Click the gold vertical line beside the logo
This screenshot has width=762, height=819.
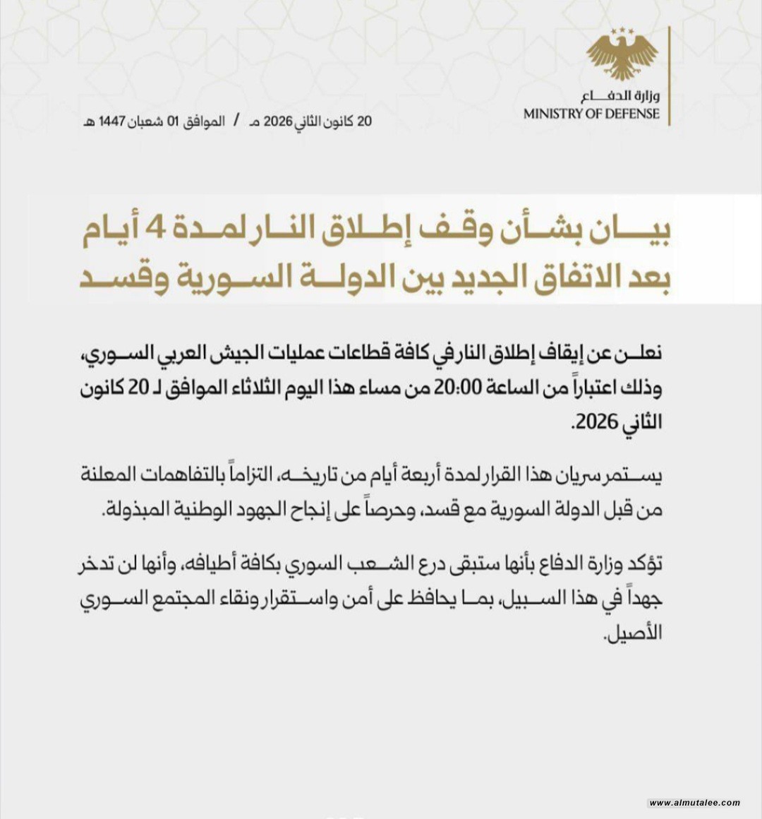click(x=669, y=76)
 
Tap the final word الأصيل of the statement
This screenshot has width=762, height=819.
click(x=634, y=630)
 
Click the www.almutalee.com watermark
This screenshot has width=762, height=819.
click(x=694, y=803)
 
